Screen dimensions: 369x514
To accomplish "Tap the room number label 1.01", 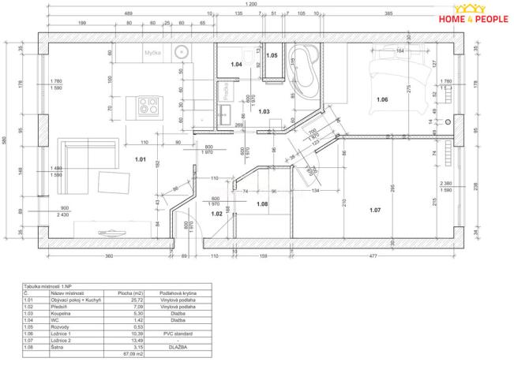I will [x=141, y=160].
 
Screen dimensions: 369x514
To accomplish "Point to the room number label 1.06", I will [x=382, y=100].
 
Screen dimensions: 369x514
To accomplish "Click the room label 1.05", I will [x=272, y=56].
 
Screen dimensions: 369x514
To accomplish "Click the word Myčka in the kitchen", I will [x=152, y=54].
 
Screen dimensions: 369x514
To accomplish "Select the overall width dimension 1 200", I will [x=251, y=5].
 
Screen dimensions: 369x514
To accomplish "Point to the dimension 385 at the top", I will [x=388, y=14].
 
